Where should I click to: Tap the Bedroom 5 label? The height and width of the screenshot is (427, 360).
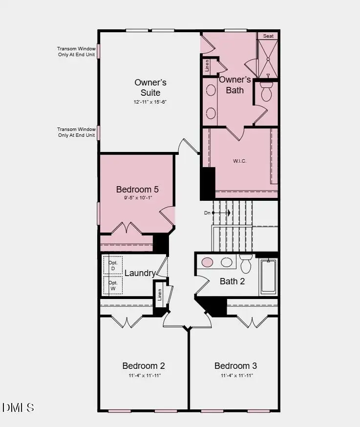[137, 189]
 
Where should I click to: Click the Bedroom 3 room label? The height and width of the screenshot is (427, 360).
[235, 365]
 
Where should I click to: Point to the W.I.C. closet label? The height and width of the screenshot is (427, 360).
[239, 161]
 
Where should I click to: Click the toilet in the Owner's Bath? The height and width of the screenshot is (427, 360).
[266, 91]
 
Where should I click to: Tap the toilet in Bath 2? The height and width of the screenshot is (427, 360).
[246, 264]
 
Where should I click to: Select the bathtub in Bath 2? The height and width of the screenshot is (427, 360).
[268, 277]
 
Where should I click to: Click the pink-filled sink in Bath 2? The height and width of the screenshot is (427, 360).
[208, 262]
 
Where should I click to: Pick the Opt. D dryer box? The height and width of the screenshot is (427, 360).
[113, 264]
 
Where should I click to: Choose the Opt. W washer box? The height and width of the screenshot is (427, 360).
[113, 285]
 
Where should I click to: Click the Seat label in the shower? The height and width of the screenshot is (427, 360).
[268, 36]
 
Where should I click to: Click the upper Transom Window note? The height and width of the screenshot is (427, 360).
[76, 51]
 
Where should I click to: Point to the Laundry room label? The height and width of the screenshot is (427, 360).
[140, 273]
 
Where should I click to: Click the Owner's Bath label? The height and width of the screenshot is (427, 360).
[235, 85]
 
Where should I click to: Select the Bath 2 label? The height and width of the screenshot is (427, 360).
[232, 281]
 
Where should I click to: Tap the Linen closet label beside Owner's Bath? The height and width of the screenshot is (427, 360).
[207, 66]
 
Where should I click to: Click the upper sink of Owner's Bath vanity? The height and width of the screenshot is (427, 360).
[211, 90]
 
